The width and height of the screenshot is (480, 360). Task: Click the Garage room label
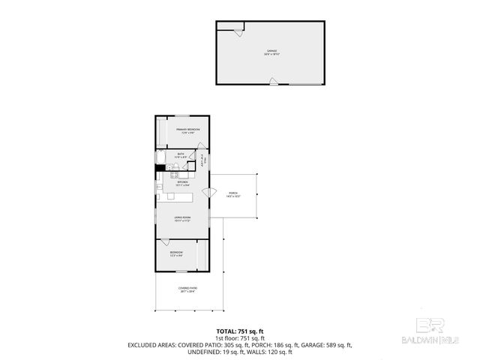pyautogui.click(x=271, y=52)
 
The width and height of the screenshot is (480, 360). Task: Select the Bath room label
pyautogui.click(x=181, y=155)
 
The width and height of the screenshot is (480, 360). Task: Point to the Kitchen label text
pyautogui.click(x=182, y=182)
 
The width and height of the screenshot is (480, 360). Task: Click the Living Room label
pyautogui.click(x=182, y=219)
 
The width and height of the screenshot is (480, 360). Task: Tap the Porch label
pyautogui.click(x=232, y=193)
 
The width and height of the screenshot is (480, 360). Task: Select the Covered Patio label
pyautogui.click(x=187, y=289)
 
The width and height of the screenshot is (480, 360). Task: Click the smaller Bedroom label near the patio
pyautogui.click(x=175, y=254)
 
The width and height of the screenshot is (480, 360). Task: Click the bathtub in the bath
pyautogui.click(x=160, y=157)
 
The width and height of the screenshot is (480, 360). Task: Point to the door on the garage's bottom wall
pyautogui.click(x=274, y=81)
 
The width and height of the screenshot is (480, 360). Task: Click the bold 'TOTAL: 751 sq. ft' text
pyautogui.click(x=240, y=331)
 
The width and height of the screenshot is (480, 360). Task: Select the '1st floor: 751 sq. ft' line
pyautogui.click(x=240, y=337)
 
